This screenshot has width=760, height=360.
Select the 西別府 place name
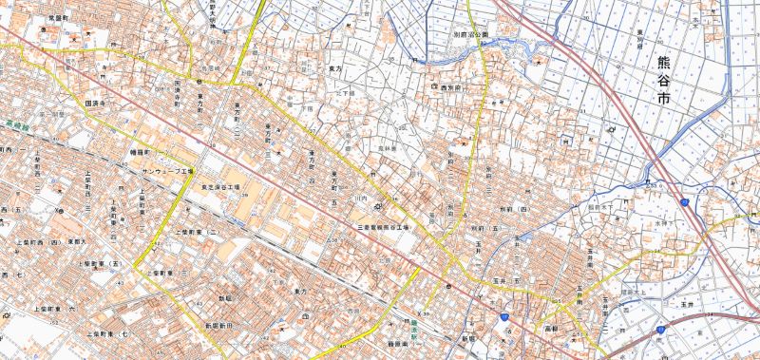click(449, 86)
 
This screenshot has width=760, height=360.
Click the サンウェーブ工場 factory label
click(167, 172)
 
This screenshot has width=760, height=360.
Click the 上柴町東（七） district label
click(108, 334)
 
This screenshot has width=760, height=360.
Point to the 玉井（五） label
click(504, 281)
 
